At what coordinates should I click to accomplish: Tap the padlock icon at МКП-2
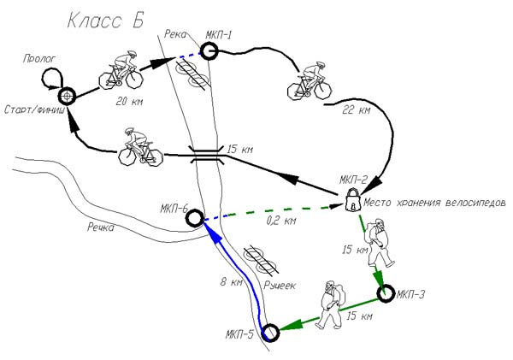352,200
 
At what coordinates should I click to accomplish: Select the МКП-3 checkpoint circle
386,293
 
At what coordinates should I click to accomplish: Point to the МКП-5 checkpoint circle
271,332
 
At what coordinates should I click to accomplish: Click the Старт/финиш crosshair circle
68,97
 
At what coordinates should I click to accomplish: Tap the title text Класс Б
105,21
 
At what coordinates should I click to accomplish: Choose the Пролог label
39,59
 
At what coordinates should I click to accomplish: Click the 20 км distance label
129,102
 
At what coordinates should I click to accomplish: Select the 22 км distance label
357,110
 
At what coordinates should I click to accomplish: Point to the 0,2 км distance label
281,221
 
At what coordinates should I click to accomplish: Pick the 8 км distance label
231,281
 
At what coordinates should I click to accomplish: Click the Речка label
100,227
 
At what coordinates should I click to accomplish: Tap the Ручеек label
280,286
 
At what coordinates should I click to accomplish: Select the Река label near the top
175,34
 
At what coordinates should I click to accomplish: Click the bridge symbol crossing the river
208,155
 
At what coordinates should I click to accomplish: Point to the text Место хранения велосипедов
434,203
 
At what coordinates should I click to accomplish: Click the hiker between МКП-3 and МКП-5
331,304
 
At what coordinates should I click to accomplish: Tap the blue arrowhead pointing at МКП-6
212,233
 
